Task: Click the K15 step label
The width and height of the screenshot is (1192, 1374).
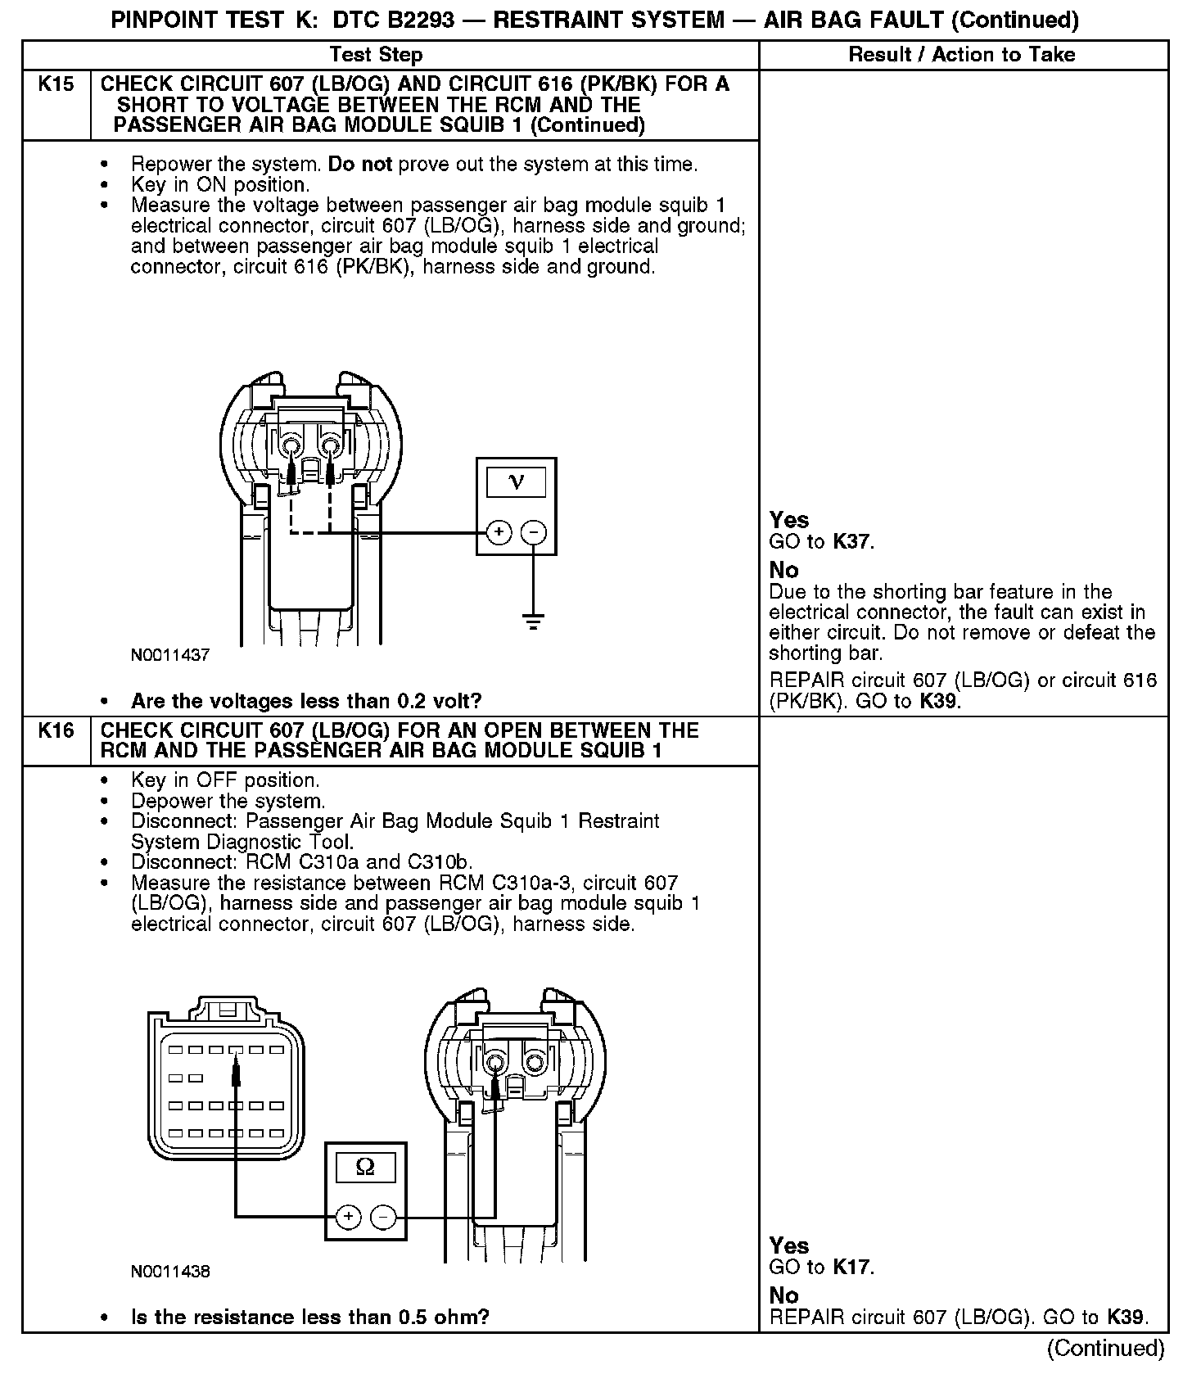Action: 56,84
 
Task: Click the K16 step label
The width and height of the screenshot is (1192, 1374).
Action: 56,730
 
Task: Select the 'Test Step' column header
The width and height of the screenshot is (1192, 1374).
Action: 376,55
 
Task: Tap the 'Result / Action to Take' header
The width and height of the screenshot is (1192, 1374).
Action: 962,55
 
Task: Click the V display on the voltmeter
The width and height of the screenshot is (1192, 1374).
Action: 516,481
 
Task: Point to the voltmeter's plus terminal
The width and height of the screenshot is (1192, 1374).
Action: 499,533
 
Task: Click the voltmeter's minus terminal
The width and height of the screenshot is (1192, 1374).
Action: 534,533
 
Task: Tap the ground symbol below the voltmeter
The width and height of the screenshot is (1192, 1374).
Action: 534,622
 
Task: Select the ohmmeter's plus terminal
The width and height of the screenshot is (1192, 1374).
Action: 349,1217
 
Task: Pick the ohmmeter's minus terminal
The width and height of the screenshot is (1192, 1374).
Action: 383,1217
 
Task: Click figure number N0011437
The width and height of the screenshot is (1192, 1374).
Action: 170,655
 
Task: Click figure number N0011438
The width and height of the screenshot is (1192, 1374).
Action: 170,1272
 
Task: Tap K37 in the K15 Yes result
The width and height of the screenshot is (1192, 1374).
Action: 852,541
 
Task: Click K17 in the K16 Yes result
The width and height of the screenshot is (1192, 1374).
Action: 852,1268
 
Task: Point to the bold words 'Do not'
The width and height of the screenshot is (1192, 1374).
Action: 360,165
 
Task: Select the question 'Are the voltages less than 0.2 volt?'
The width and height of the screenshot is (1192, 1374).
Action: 306,701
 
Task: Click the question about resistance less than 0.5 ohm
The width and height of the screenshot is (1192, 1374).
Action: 310,1318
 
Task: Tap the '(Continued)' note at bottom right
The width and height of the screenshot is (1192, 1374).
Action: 1105,1348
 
